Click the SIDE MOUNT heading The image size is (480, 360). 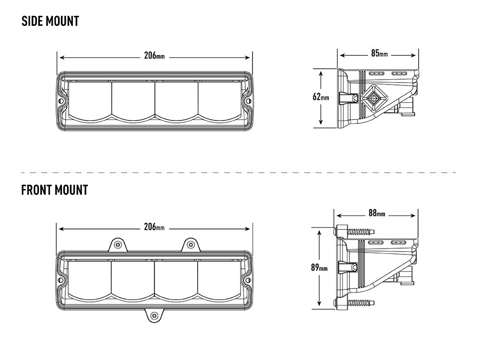[50, 22]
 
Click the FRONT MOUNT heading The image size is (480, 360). [54, 190]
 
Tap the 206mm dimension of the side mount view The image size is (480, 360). [155, 56]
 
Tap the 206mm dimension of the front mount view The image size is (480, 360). [155, 227]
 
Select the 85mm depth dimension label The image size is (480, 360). [379, 53]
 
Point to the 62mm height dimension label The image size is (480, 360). [321, 97]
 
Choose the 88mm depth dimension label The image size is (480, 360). [377, 214]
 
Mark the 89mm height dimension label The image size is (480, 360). [319, 268]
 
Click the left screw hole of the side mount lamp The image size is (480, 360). [62, 101]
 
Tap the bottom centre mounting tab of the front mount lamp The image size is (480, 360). [154, 315]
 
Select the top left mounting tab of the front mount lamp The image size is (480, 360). [117, 245]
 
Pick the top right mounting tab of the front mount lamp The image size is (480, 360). [191, 245]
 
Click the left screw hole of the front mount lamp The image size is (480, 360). [61, 279]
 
